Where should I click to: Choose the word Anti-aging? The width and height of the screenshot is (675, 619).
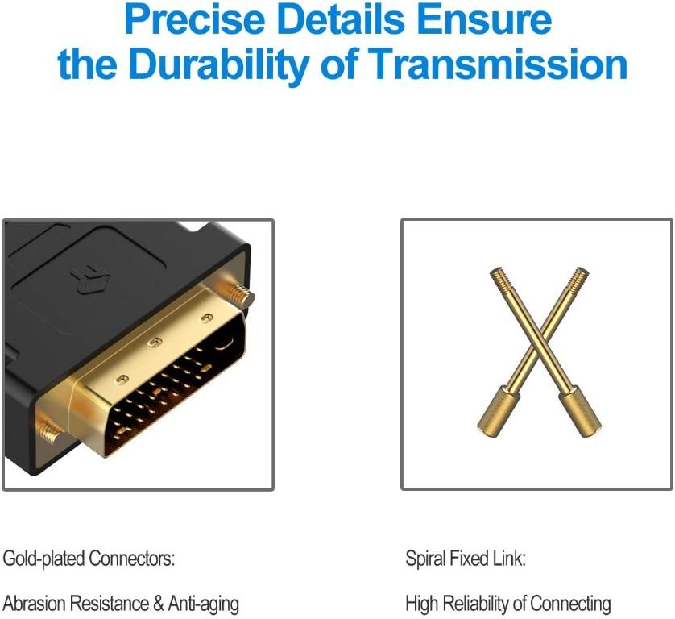(x=194, y=604)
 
